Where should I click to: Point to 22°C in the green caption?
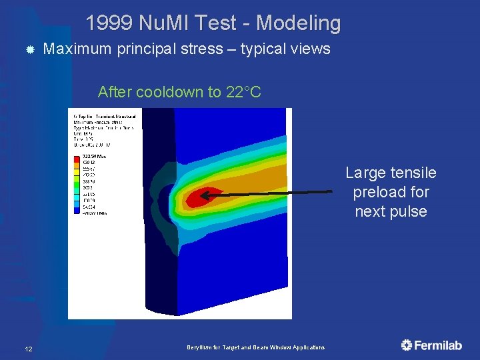pyautogui.click(x=243, y=92)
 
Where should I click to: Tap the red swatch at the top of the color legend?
pyautogui.click(x=77, y=161)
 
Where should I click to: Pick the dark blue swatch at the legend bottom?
pyautogui.click(x=77, y=213)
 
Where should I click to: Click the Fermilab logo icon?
pyautogui.click(x=407, y=345)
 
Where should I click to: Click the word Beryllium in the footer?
pyautogui.click(x=199, y=348)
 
